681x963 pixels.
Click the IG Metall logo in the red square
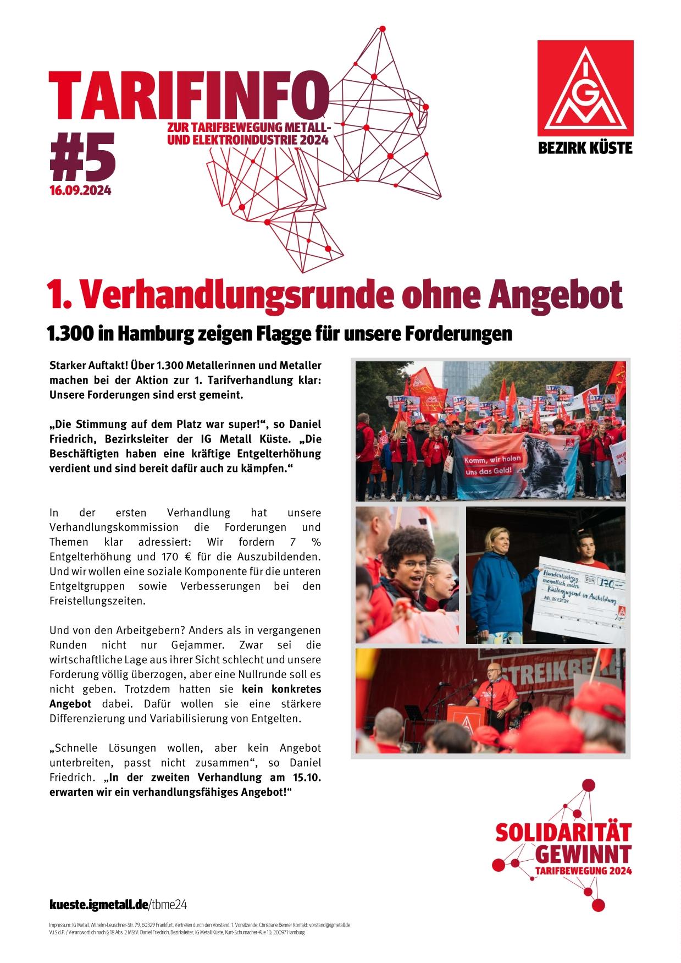585,88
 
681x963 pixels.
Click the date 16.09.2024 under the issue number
81,191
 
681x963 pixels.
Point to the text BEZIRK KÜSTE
585,148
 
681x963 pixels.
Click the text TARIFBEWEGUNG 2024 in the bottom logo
583,871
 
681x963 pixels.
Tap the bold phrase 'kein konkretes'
281,689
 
